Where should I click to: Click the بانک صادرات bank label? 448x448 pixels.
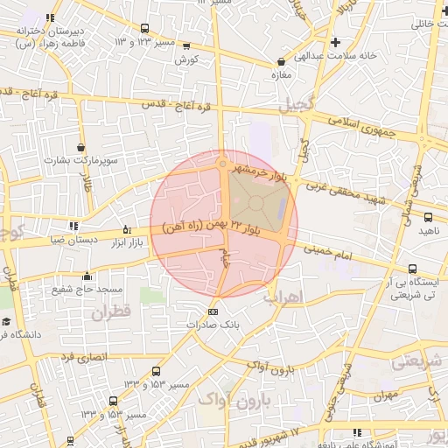(213, 325)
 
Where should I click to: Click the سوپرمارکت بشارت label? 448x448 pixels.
(82, 161)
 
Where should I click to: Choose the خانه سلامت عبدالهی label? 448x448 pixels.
(335, 55)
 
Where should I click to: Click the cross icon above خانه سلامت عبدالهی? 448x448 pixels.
(335, 42)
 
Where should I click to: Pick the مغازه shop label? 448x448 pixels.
(280, 75)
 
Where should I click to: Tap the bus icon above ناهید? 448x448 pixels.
(428, 217)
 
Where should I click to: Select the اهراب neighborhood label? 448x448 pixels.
(283, 297)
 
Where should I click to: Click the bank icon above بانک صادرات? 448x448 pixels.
(213, 311)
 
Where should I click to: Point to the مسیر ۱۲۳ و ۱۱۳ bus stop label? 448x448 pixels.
(144, 41)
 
